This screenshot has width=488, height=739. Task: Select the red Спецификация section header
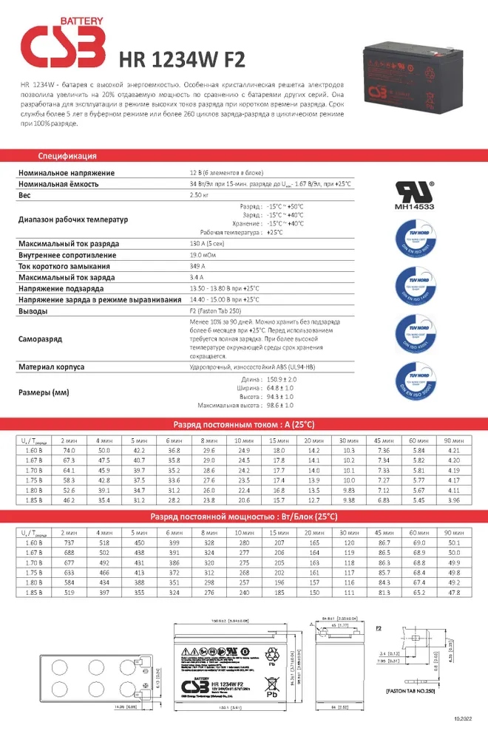[67, 157]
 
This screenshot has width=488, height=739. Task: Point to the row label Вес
[24, 194]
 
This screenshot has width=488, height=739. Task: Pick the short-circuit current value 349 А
[198, 266]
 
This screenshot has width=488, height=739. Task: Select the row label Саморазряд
[41, 338]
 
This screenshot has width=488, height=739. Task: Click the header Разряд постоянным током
[243, 425]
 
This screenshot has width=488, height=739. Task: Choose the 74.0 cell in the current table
[69, 450]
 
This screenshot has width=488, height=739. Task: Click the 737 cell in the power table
[69, 542]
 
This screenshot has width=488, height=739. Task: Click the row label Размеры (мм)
[44, 392]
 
